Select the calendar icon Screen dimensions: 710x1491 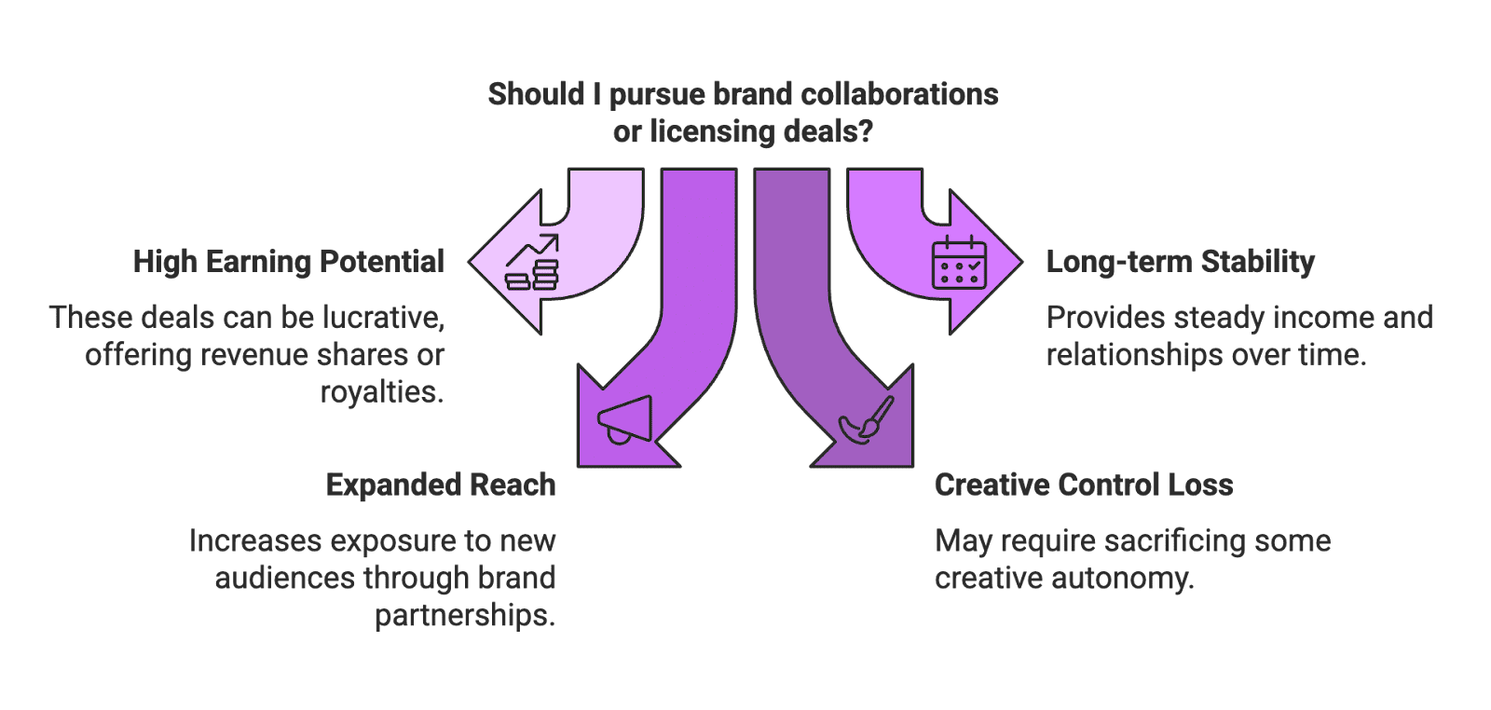pos(959,262)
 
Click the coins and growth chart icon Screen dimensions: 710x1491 pos(532,263)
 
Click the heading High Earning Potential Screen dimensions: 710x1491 pos(288,262)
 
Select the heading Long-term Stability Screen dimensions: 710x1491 pos(1180,262)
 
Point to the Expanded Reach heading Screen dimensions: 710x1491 pos(441,485)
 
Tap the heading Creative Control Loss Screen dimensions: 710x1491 pos(1083,485)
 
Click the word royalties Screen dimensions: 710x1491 pos(382,392)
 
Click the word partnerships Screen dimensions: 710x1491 pos(465,616)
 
